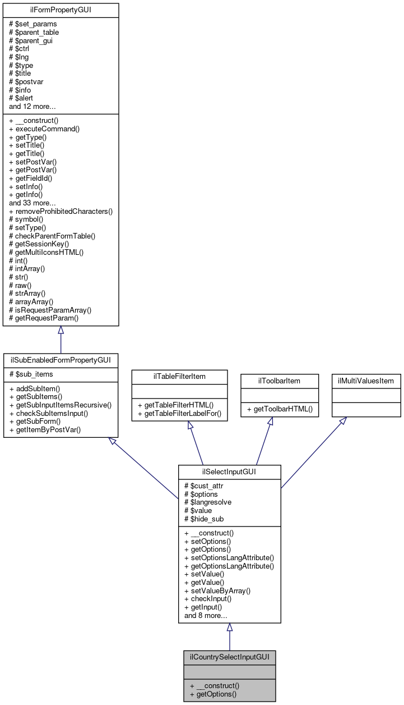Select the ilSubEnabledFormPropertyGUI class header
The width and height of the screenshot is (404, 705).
(x=61, y=359)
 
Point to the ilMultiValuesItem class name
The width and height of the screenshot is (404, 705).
(x=366, y=381)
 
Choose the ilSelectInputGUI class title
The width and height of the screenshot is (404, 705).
(x=229, y=471)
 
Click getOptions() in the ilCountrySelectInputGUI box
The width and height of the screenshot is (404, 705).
(x=213, y=694)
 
